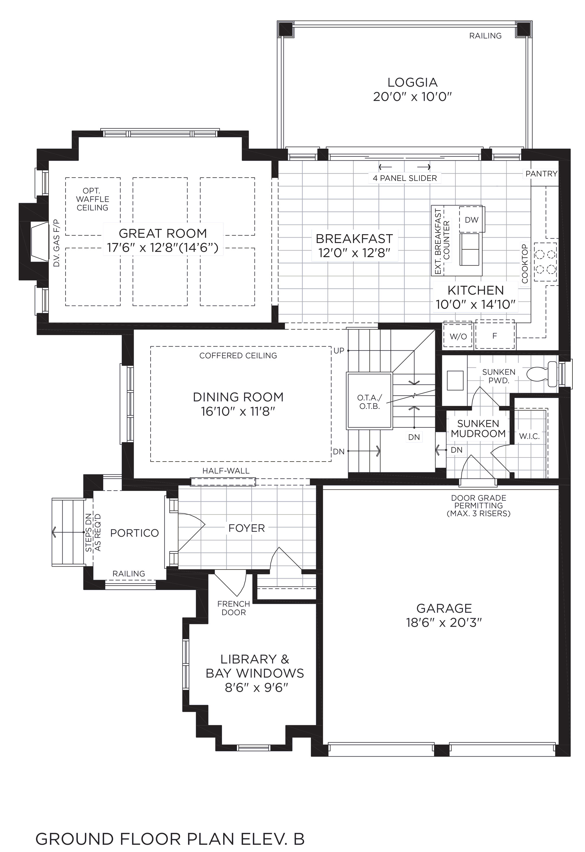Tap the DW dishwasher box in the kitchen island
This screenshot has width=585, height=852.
(x=472, y=219)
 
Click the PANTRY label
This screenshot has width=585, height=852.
(x=541, y=174)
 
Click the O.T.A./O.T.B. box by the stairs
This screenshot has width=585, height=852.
(x=369, y=401)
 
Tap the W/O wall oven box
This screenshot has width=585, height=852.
(x=458, y=336)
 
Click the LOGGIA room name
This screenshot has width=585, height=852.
(x=413, y=82)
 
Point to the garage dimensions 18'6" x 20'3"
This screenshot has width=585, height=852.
(x=444, y=623)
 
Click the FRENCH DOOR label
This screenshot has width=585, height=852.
(x=233, y=608)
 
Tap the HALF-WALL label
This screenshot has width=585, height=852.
(x=226, y=471)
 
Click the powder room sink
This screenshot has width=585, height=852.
(x=455, y=380)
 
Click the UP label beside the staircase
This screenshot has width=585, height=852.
(x=339, y=351)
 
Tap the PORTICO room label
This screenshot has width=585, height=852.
(x=135, y=533)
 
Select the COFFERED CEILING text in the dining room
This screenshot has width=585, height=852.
(x=238, y=355)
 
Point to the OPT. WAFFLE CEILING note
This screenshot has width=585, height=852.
(x=92, y=199)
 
